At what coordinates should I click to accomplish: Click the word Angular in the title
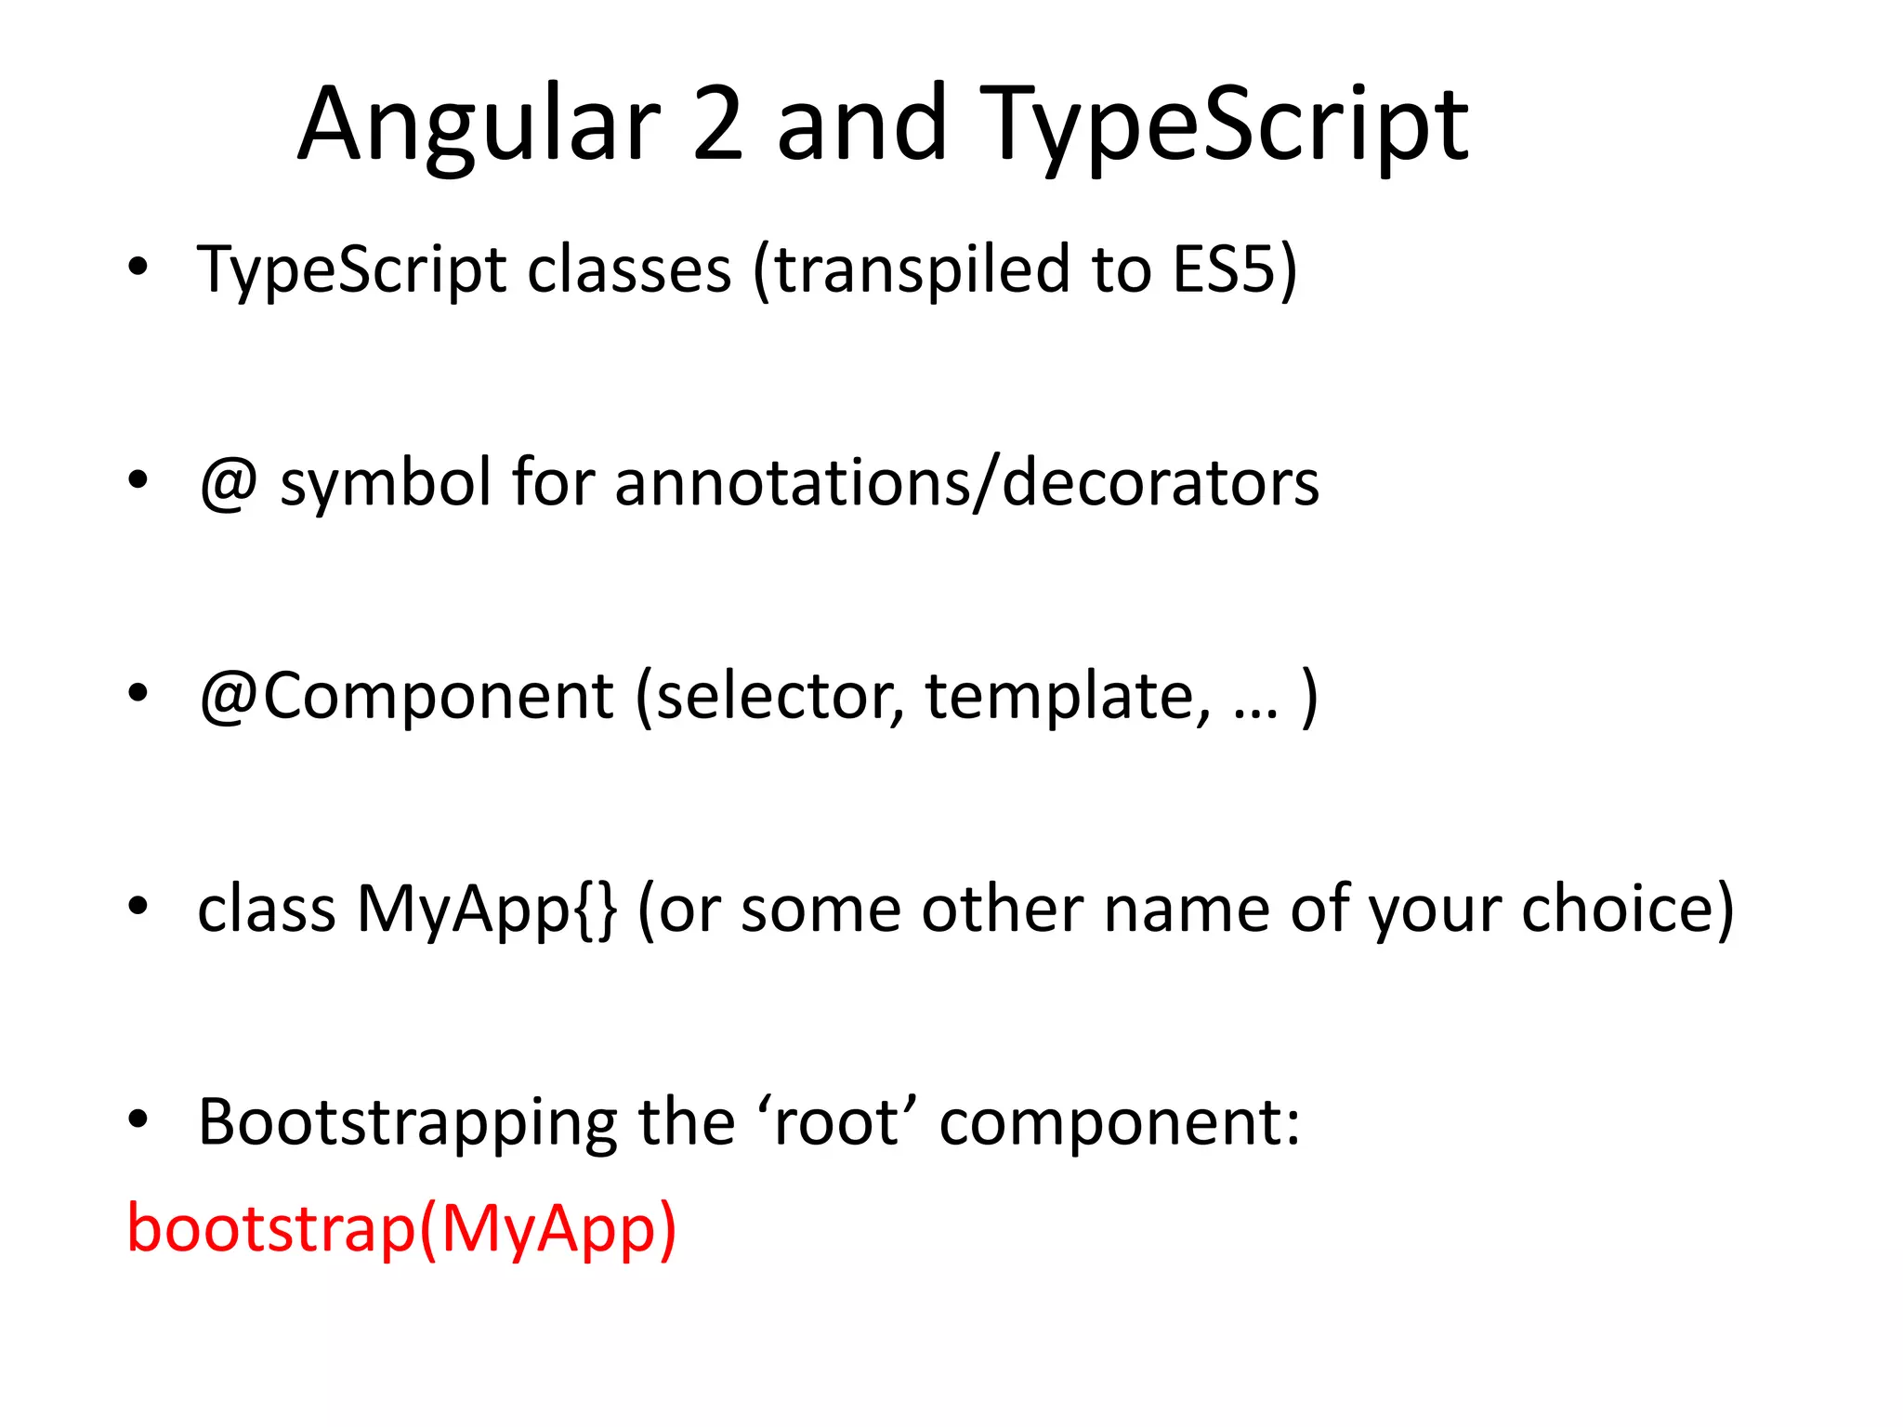[479, 125]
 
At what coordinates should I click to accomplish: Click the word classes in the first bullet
[629, 269]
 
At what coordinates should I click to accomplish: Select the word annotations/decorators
[966, 483]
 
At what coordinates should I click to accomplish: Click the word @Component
[406, 696]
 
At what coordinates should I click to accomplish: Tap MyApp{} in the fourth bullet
[486, 909]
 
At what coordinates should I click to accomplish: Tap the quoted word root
[836, 1122]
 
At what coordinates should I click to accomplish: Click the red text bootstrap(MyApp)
[401, 1229]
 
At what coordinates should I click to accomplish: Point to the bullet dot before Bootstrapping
[138, 1119]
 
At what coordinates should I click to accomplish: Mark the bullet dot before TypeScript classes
[138, 267]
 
